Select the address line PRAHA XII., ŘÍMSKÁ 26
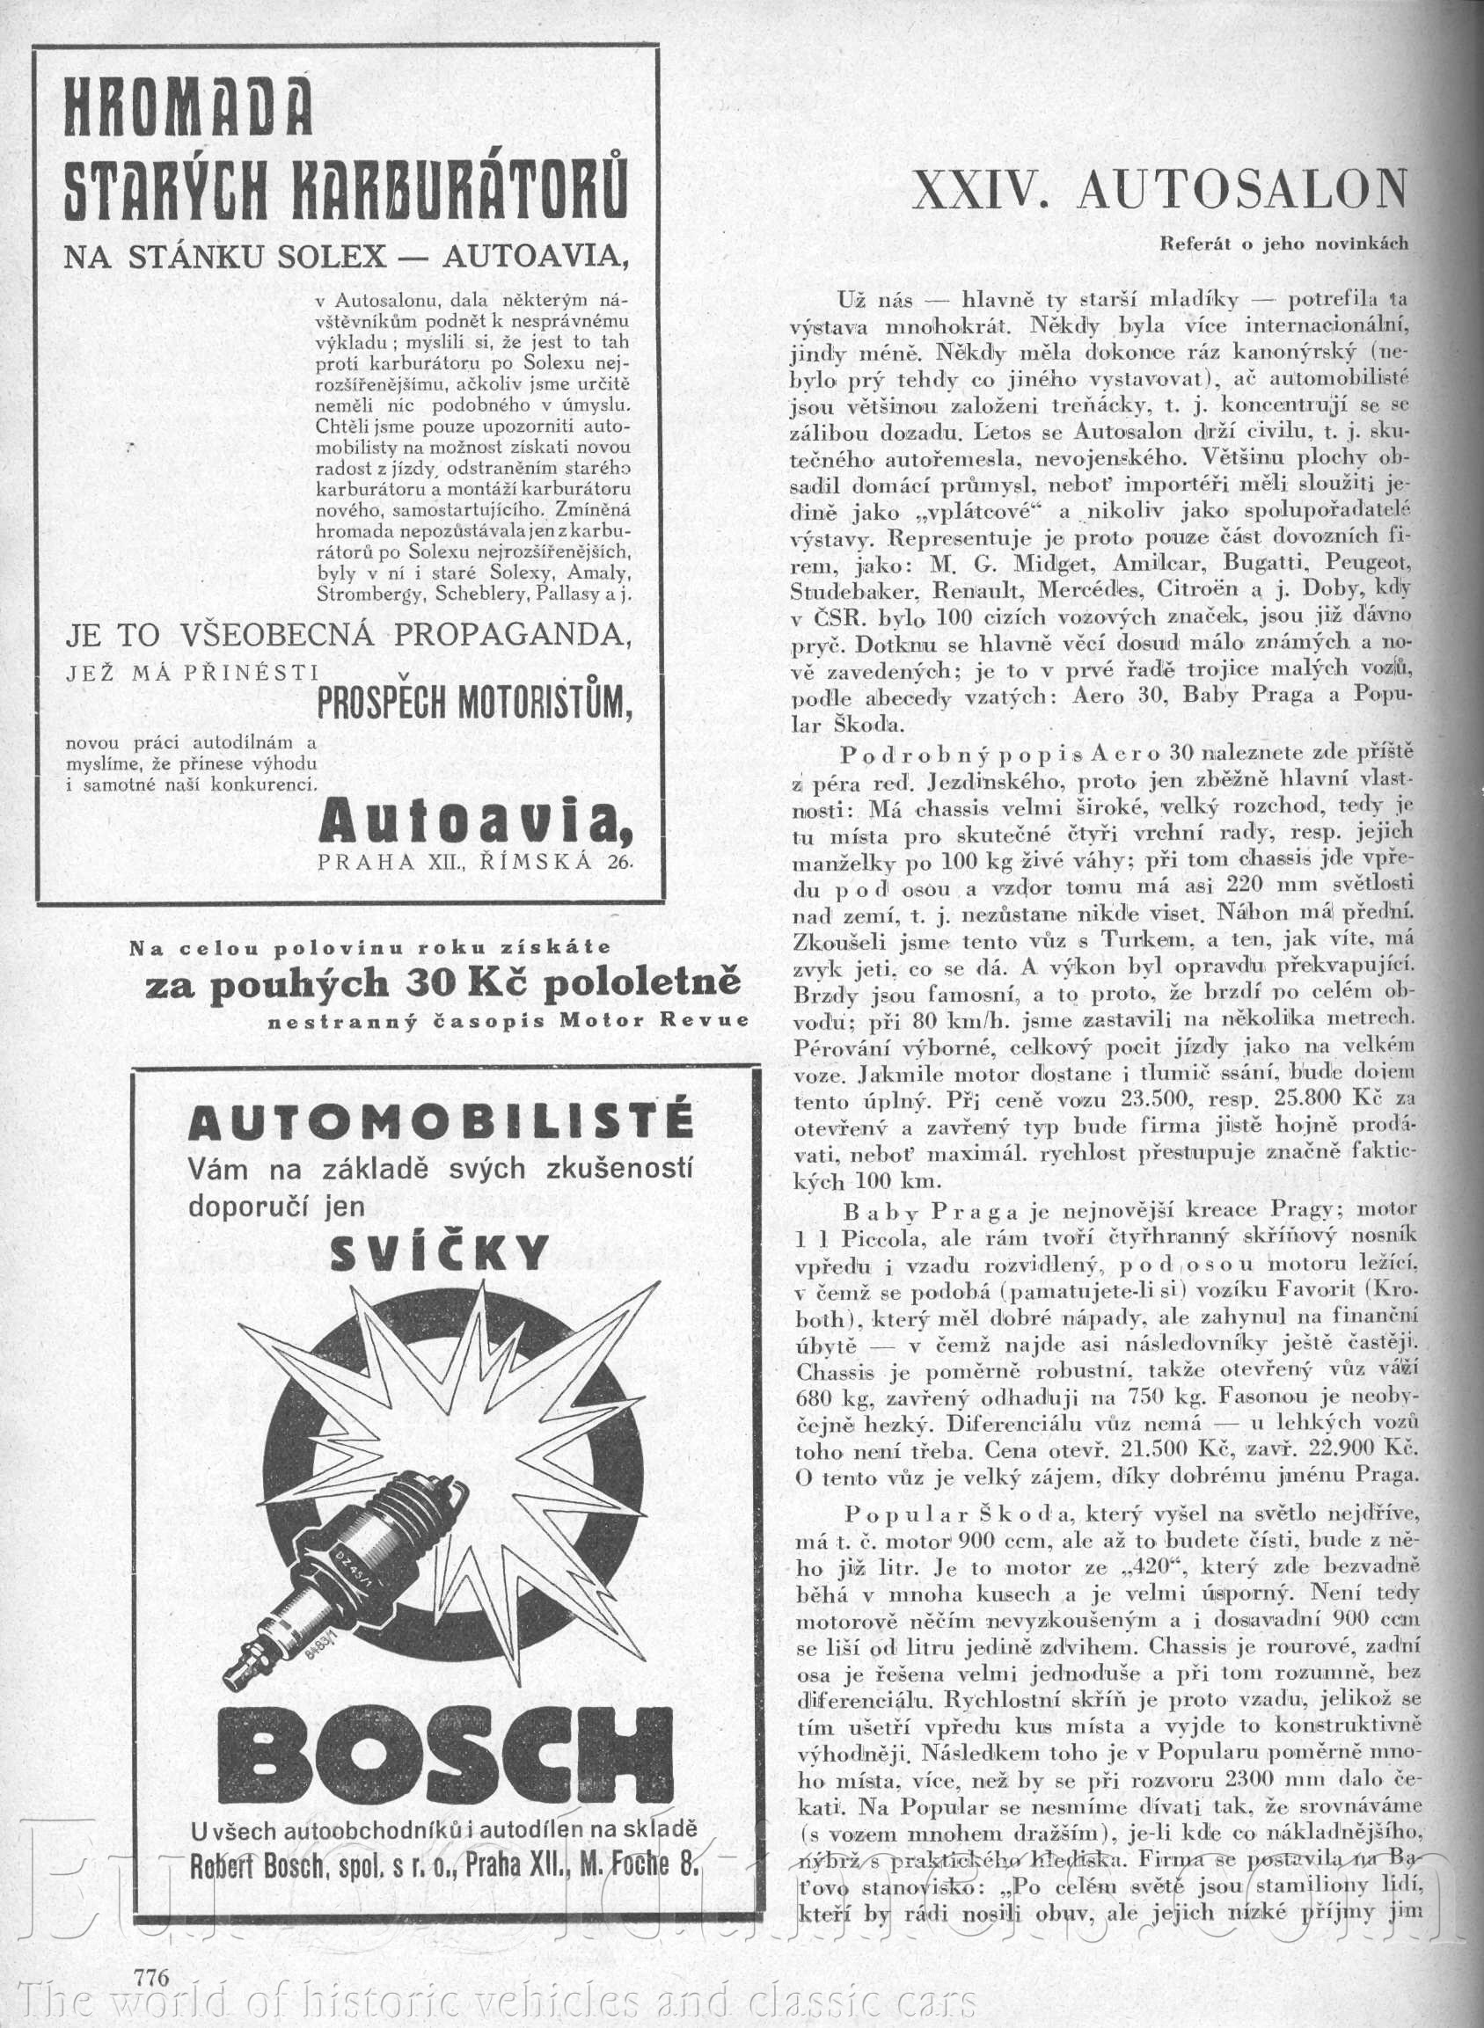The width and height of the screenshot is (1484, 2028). tap(475, 862)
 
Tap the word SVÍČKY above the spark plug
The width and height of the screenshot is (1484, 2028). tap(440, 1251)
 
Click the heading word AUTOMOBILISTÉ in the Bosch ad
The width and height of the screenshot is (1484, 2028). tap(440, 1122)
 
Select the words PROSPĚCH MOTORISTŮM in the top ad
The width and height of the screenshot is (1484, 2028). tap(475, 705)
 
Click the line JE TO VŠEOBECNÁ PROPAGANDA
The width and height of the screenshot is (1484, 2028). tap(345, 636)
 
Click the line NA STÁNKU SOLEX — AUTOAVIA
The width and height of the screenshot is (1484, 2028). tap(345, 257)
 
